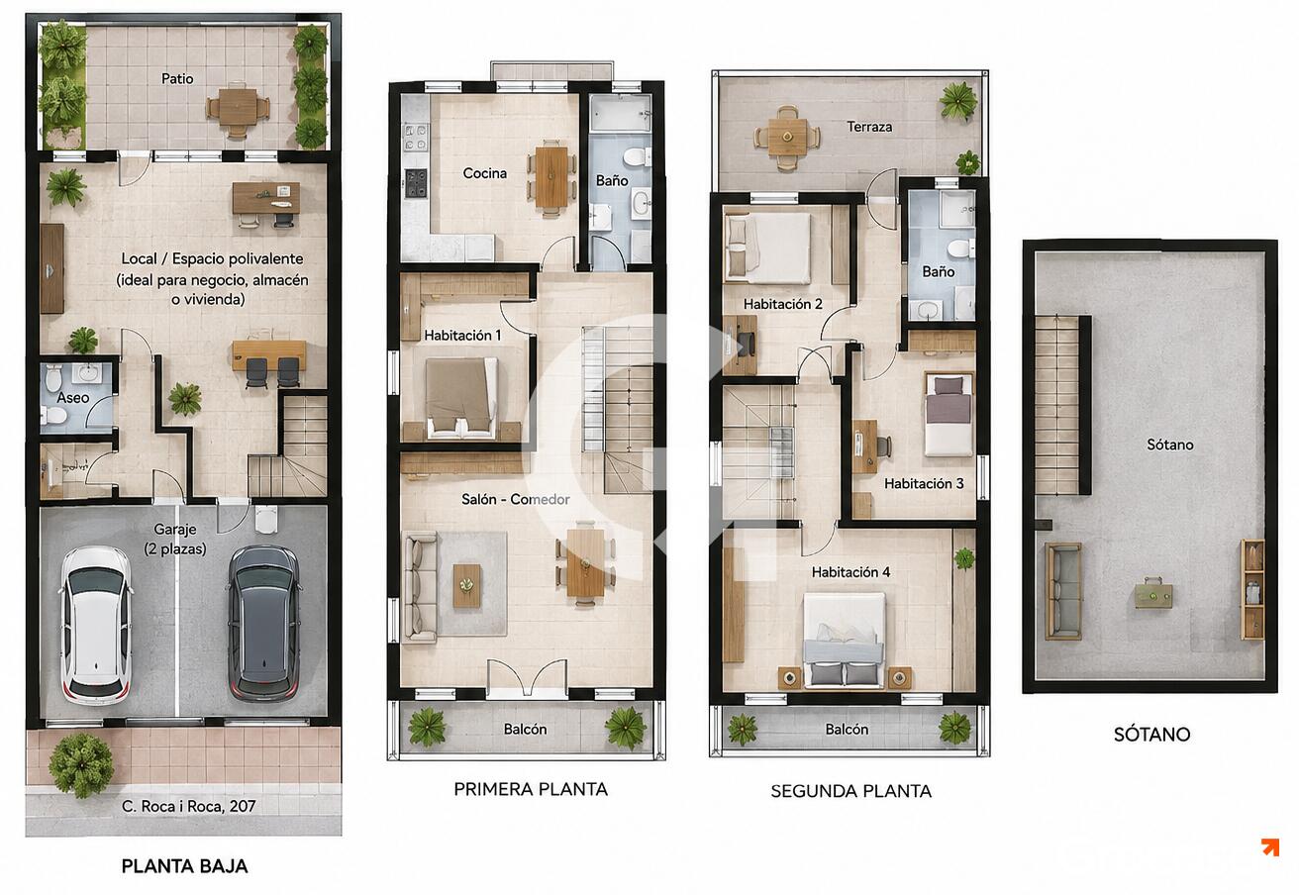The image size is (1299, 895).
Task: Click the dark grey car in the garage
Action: point(265,624)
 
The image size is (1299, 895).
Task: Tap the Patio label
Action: point(177,79)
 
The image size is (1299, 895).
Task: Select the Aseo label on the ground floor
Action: point(73,398)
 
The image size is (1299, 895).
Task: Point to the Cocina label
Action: point(485,173)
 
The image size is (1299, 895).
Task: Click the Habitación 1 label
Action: point(462,336)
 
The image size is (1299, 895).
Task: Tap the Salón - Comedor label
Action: point(516,499)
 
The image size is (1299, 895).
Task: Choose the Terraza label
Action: point(869,127)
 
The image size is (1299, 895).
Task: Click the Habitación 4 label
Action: point(850,572)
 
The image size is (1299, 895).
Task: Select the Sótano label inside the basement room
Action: point(1170,445)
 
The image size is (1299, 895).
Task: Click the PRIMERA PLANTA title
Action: point(531,789)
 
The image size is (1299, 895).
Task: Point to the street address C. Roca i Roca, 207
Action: point(189,806)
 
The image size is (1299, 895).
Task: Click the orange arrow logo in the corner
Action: point(1270,846)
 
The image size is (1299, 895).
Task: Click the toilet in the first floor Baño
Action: point(638,156)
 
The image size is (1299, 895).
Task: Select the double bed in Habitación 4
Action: point(845,640)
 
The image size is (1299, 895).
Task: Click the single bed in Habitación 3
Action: point(949,414)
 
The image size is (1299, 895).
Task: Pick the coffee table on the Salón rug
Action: point(467,586)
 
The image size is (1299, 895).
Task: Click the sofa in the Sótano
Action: point(1063,591)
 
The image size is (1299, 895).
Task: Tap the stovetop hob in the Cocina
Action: point(416,183)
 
